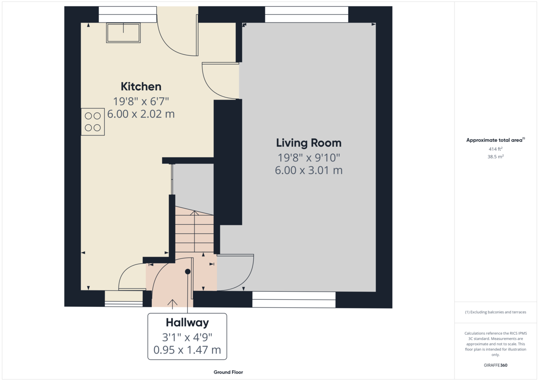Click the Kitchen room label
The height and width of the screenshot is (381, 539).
click(x=141, y=87)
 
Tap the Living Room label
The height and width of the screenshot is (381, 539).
click(x=309, y=143)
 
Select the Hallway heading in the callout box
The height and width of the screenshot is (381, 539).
click(x=187, y=323)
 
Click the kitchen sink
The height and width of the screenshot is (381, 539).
click(x=123, y=33)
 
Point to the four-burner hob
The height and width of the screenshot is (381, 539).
click(x=93, y=122)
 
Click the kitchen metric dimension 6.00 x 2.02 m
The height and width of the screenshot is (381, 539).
click(x=141, y=114)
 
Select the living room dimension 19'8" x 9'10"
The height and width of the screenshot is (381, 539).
click(x=309, y=158)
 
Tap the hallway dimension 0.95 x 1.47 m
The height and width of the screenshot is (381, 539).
click(x=187, y=350)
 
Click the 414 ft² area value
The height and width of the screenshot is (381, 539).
click(x=495, y=149)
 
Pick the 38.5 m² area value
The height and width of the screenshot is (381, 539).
click(x=495, y=157)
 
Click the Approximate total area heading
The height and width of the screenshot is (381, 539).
click(x=495, y=140)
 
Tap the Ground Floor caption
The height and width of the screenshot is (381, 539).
click(x=228, y=372)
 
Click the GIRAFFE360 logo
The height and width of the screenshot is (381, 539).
click(x=495, y=365)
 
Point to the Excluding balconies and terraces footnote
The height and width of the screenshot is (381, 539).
click(x=495, y=312)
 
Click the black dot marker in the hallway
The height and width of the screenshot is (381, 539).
click(x=188, y=272)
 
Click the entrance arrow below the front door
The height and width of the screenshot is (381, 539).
click(x=172, y=304)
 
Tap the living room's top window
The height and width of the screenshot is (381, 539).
click(x=306, y=14)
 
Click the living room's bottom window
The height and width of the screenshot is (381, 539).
click(x=294, y=299)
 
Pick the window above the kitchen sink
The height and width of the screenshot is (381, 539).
click(x=128, y=14)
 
